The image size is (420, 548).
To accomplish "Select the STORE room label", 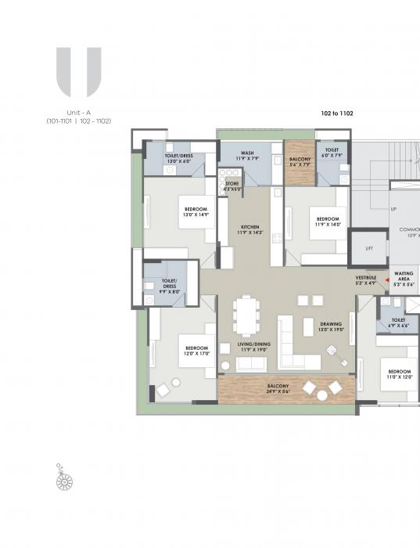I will (232, 186).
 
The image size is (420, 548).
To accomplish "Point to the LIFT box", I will (369, 249).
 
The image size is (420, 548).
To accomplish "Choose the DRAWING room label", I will (330, 326).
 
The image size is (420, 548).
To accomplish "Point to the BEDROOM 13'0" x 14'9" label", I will (196, 211).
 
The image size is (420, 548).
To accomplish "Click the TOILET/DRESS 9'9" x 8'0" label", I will (170, 283).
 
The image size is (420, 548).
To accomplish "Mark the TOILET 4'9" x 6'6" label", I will (398, 323).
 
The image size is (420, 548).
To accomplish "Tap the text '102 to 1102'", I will (337, 114).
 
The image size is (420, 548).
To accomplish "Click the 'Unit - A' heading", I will (78, 113).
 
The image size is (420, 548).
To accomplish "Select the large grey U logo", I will (78, 72).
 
